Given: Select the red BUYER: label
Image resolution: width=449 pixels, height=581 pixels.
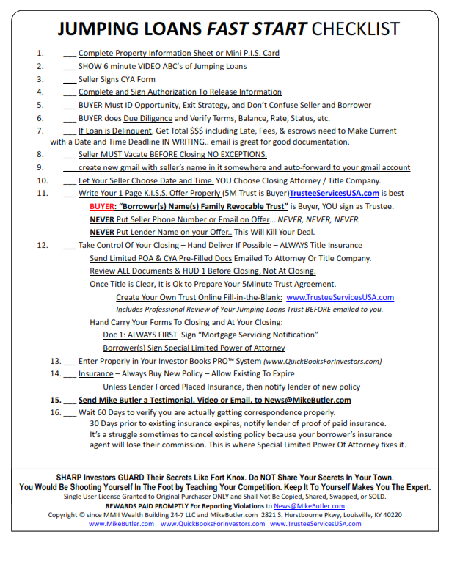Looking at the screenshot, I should (103, 206).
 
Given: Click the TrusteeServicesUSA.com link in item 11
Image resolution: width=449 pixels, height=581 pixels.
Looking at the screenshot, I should (335, 194).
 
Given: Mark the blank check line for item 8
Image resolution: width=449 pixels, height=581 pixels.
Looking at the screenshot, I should (70, 155).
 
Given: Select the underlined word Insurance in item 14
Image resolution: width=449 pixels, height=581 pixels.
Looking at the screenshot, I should (95, 373).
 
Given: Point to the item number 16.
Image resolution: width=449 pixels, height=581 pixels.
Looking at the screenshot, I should (55, 412).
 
